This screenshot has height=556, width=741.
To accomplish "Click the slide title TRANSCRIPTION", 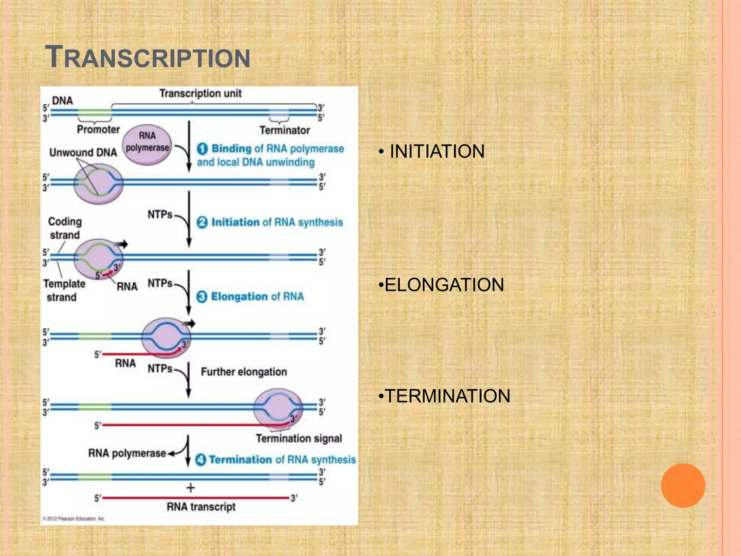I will (147, 57).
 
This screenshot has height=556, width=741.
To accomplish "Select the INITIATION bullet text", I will (437, 151).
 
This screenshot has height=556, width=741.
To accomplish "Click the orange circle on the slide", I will (683, 485).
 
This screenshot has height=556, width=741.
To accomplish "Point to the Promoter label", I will (98, 130).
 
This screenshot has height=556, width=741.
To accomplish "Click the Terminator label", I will (284, 130).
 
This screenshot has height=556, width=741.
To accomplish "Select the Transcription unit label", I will (200, 93).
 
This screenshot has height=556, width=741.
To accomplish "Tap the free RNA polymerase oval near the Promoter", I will (147, 145).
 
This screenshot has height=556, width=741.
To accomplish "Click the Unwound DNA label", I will (83, 152).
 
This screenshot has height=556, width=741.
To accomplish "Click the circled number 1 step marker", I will (202, 149).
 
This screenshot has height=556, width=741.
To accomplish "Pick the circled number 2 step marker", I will (202, 222).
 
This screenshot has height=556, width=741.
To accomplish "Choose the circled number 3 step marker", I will (202, 297).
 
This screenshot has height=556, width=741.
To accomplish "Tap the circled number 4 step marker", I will (200, 460).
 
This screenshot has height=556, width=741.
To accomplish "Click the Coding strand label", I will (65, 228).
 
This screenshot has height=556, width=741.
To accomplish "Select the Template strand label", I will (64, 290).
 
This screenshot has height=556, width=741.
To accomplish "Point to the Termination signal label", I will (298, 438).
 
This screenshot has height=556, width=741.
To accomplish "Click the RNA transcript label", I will (201, 507).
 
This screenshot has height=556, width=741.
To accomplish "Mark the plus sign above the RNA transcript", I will (190, 488).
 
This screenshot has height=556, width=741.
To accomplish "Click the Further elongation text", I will (244, 372).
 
